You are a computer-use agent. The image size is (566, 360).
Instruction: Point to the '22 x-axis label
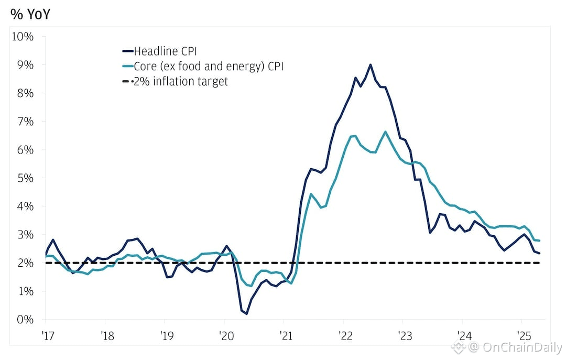pos(343,334)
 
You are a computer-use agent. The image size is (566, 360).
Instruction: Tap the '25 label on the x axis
pos(521,334)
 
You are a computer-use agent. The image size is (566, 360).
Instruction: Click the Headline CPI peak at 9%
pos(371,64)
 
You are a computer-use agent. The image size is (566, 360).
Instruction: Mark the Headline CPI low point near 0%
pos(246,313)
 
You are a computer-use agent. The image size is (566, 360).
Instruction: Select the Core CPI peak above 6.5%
pos(386,132)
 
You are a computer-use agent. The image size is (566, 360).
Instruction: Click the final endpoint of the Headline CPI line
pos(540,253)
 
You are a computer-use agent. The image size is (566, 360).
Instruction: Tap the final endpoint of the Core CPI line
pos(540,241)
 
